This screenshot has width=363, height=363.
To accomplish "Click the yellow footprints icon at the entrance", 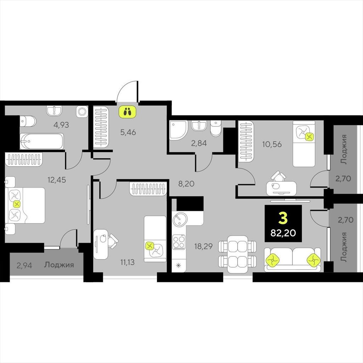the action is (127, 112).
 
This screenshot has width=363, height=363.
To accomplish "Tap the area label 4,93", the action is (61, 125).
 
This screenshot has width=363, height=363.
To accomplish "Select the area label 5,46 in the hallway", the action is (128, 132).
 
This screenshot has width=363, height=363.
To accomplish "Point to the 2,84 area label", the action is (199, 143).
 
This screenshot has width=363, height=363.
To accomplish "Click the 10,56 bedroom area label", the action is (272, 144).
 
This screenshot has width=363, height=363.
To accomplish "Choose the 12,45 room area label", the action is (57, 180).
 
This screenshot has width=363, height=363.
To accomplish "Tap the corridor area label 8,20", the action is (186, 184).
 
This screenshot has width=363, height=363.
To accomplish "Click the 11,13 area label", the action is (127, 262).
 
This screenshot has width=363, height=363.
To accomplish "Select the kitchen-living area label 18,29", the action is (203, 246).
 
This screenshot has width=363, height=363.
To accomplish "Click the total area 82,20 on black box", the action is (283, 233).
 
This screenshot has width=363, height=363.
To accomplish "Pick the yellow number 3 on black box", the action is (283, 218).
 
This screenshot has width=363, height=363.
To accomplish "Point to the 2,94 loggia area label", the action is (24, 265).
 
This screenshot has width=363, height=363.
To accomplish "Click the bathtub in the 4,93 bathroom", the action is (42, 141).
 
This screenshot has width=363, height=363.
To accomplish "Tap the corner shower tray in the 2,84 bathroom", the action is (179, 130).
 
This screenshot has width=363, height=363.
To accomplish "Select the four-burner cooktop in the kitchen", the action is (179, 242).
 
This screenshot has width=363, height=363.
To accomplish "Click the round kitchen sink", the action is (179, 219).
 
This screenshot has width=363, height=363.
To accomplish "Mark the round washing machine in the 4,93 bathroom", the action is (82, 112).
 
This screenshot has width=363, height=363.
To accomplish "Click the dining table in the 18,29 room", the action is (238, 254).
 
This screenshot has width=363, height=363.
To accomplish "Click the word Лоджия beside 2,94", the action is (59, 265).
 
